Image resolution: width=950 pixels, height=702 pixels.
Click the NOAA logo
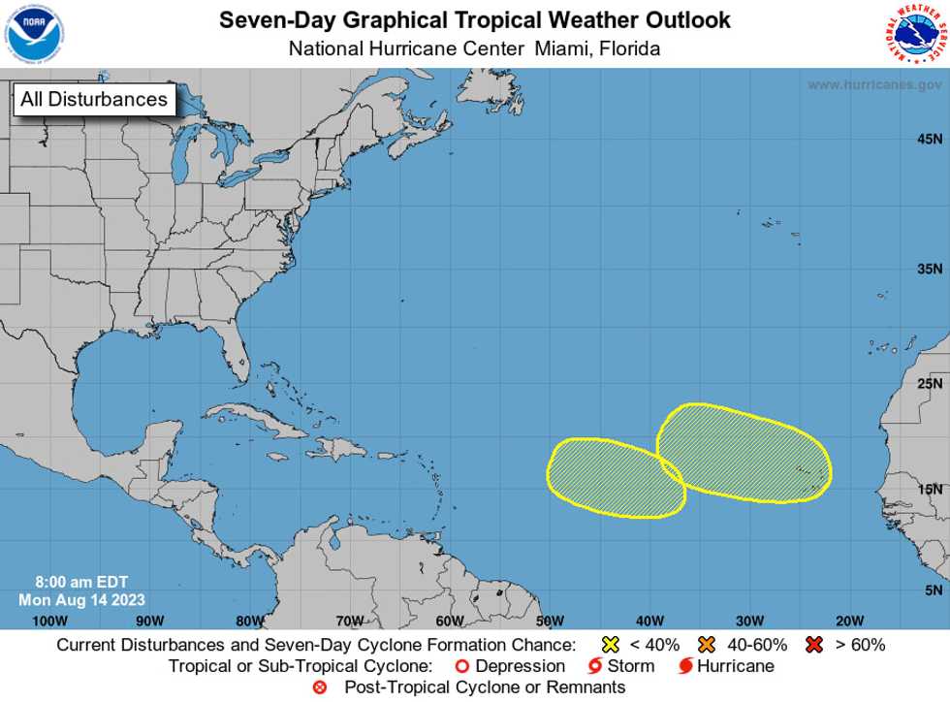(x=34, y=34)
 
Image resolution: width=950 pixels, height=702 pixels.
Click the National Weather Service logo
(x=915, y=34)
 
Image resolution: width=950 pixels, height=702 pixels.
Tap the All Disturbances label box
(x=94, y=99)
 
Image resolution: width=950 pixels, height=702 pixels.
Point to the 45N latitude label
(x=931, y=139)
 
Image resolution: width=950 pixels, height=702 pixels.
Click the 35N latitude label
(x=931, y=270)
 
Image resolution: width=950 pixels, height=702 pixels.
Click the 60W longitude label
(x=450, y=621)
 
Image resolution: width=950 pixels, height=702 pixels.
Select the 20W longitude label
(x=849, y=621)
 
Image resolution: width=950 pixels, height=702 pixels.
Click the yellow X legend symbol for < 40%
(x=611, y=645)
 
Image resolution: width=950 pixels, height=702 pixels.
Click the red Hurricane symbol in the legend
(x=685, y=666)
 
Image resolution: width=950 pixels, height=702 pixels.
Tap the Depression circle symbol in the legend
(x=462, y=666)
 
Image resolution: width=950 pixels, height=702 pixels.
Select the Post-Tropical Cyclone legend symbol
(x=320, y=687)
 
